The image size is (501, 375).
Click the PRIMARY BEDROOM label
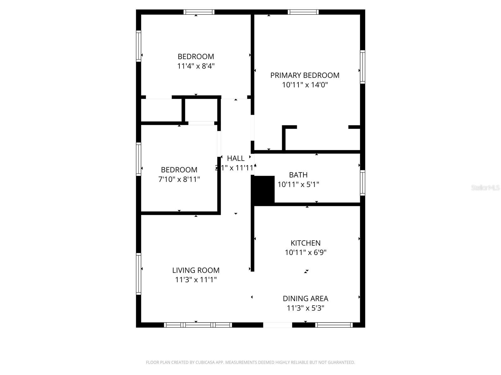pos(305,75)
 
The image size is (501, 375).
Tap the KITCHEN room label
pos(305,243)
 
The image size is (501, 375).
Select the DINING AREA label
pos(305,298)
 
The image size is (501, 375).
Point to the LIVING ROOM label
pos(196,270)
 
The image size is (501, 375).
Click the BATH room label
pos(298,175)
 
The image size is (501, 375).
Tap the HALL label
pos(235,158)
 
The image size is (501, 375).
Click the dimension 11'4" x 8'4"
pos(196,66)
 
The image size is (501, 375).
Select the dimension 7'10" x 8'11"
pos(179,179)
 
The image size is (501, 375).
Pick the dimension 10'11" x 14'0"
pos(305,85)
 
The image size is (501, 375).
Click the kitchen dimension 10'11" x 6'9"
pos(305,252)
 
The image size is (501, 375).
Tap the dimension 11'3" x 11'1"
pos(196,280)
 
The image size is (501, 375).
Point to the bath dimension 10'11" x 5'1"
pos(298,184)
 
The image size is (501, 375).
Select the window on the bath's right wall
pos(363,183)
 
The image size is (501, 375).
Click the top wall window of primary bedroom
pos(303,12)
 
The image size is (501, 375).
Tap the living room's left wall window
pos(138,274)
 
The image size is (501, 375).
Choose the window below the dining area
pos(334,325)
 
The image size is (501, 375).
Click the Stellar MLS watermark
pos(485,188)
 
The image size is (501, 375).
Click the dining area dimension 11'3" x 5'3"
pos(305,308)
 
